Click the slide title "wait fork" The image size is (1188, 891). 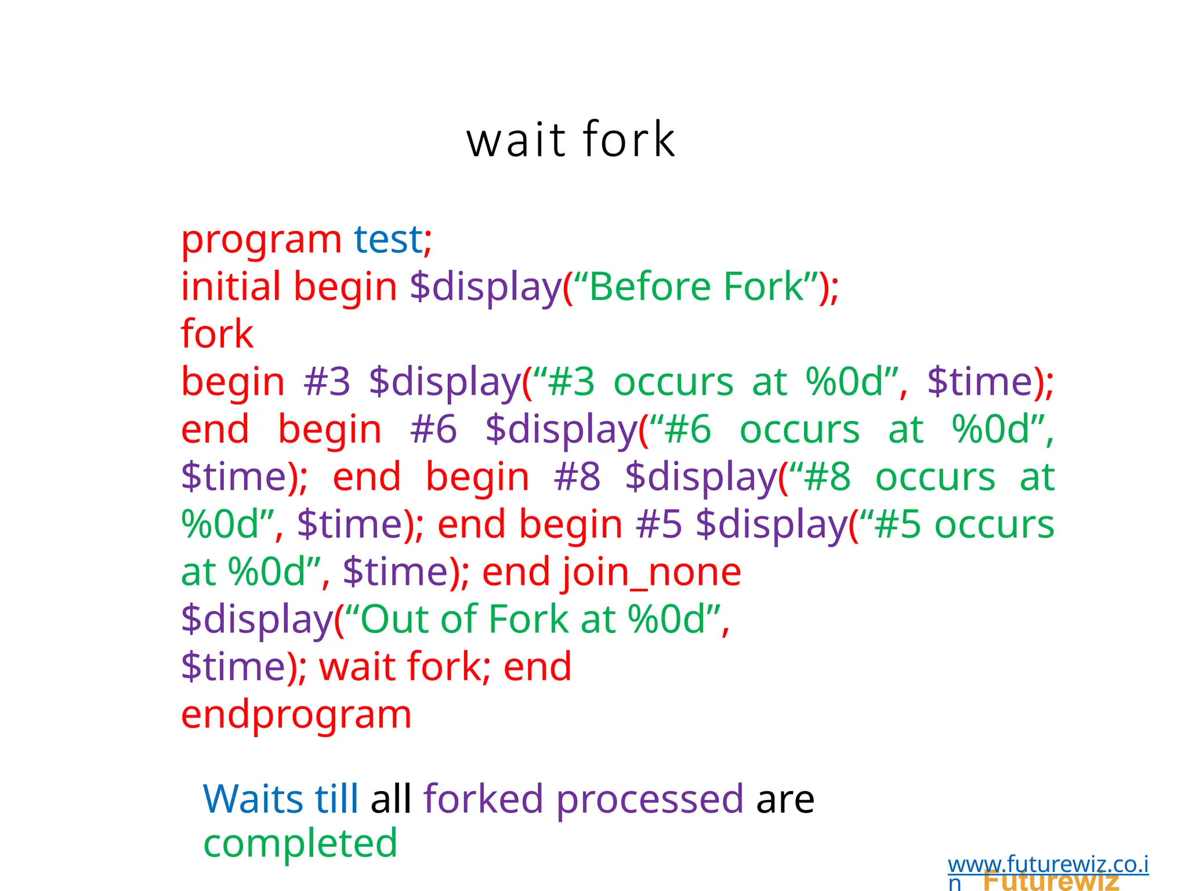571,140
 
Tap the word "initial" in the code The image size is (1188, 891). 231,287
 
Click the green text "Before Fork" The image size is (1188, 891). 696,287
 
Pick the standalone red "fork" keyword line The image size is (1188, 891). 217,334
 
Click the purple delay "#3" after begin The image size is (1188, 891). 327,382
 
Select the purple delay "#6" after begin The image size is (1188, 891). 433,429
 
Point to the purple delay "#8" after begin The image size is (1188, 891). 577,477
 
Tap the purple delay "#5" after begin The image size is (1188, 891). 659,524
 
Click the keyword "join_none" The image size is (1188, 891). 651,573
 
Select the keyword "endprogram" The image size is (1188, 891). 296,715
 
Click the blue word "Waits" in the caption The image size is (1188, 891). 252,799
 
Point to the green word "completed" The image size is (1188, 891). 300,843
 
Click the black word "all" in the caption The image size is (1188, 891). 390,799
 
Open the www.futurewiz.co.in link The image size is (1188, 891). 1048,865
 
